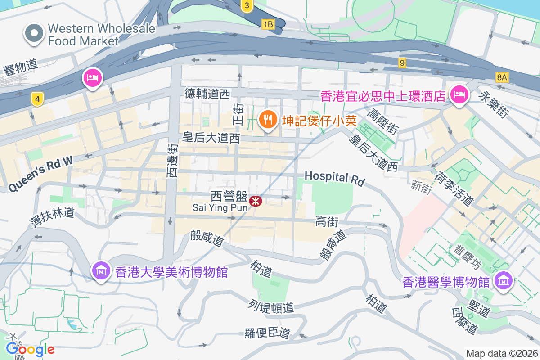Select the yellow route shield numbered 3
(x=246, y=6)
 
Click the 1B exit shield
(x=268, y=24)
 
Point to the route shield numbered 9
(x=402, y=63)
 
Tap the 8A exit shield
(x=502, y=77)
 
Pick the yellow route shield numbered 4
(x=38, y=99)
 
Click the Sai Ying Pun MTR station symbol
(x=256, y=200)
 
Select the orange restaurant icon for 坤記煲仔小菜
(x=269, y=119)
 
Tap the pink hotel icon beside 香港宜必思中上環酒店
(x=459, y=94)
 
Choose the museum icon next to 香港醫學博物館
(x=503, y=281)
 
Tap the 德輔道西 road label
(x=207, y=94)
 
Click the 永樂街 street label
(x=495, y=105)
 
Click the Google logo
(x=31, y=349)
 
